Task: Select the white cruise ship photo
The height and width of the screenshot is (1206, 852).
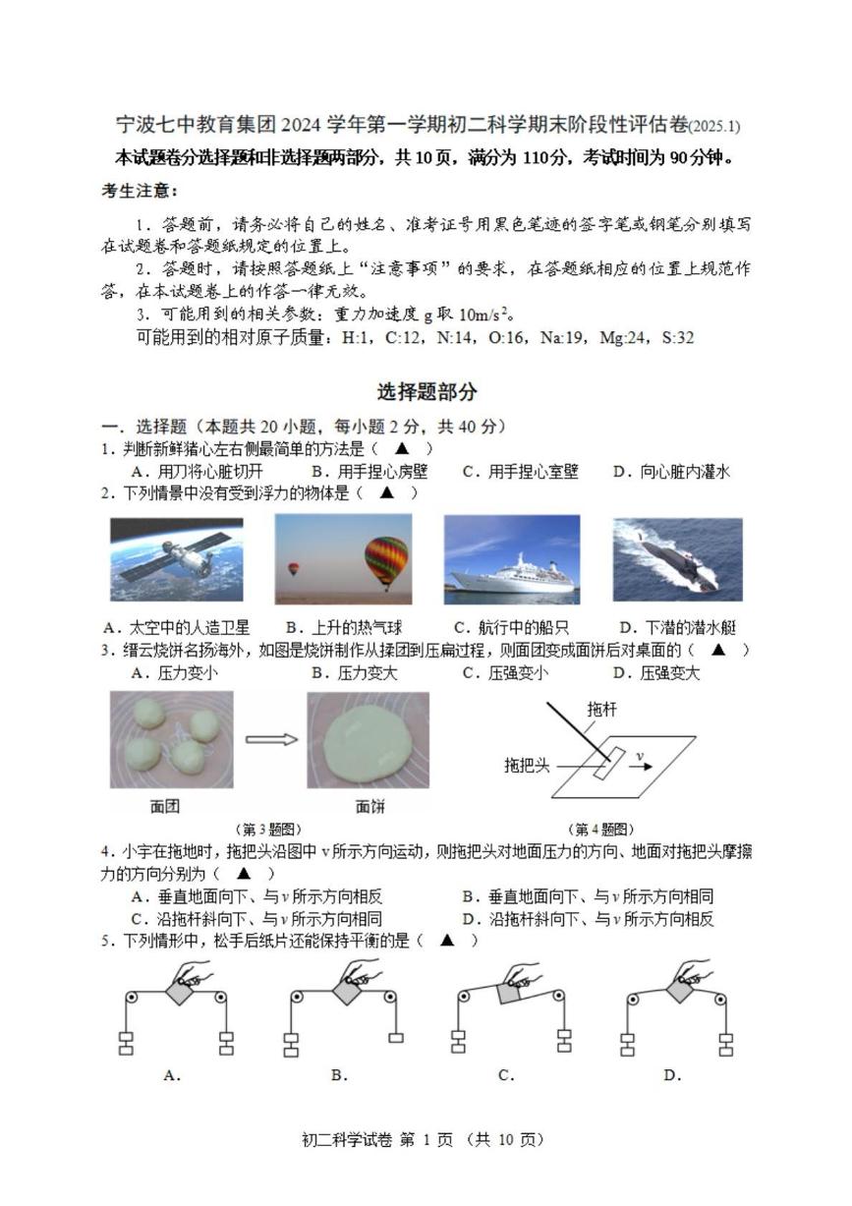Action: [x=511, y=558]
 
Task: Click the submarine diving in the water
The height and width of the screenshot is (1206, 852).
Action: [x=677, y=558]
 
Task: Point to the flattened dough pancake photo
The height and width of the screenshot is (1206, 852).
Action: [x=368, y=739]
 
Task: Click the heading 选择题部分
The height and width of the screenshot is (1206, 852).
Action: [x=427, y=391]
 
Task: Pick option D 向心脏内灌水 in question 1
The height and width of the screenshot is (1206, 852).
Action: [x=671, y=472]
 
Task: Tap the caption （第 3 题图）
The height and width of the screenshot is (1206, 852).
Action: [x=267, y=830]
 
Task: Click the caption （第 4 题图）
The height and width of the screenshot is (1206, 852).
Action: [x=601, y=830]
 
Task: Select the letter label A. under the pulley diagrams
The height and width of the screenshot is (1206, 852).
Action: [x=172, y=1075]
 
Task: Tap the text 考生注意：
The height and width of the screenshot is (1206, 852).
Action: [x=140, y=190]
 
